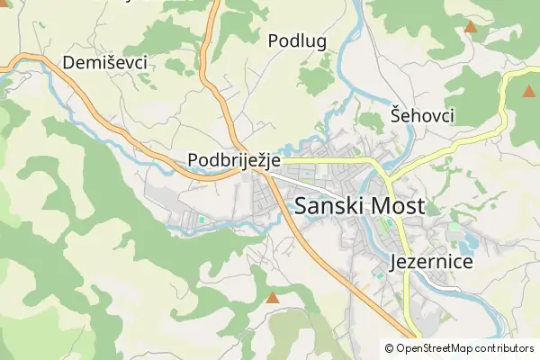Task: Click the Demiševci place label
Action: tap(104, 63)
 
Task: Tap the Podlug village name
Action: tap(296, 40)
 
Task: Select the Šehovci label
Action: tap(422, 115)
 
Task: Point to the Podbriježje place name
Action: tap(234, 160)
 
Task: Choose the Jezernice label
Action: tap(433, 262)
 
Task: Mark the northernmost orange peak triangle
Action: tap(470, 27)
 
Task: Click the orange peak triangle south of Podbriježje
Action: tap(272, 297)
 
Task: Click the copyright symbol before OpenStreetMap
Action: tap(390, 348)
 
